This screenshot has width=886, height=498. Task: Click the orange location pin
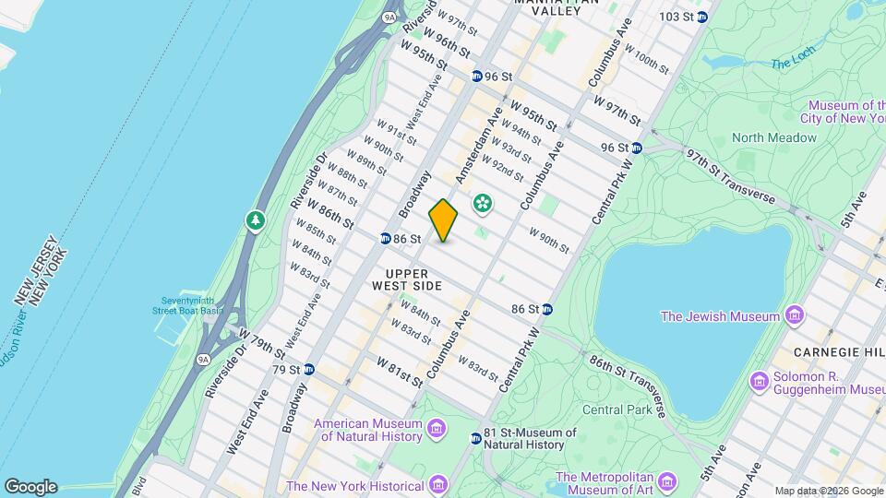click(x=443, y=220)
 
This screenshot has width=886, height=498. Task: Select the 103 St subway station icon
click(x=701, y=17)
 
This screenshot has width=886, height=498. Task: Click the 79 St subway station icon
click(x=309, y=369)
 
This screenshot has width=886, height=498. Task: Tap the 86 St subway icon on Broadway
click(x=384, y=239)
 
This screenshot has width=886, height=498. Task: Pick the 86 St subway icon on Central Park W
click(x=546, y=309)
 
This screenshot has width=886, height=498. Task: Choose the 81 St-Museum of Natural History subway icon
click(x=476, y=438)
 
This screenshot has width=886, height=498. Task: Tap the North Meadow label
click(x=773, y=137)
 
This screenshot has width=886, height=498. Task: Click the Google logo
click(x=30, y=486)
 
